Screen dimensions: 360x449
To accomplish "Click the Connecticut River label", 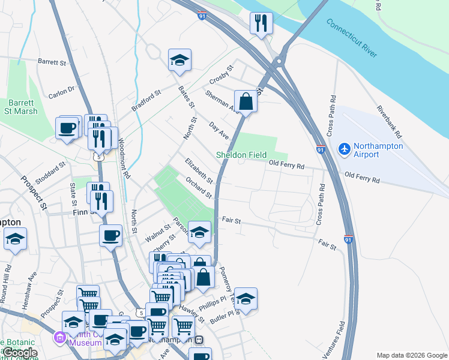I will tap(352, 38).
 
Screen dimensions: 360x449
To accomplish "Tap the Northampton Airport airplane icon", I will tap(345, 148).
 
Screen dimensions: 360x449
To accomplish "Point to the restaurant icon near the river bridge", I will tap(261, 23).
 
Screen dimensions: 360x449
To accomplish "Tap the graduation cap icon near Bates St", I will tap(179, 60).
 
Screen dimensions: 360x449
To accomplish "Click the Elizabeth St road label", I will tap(199, 170).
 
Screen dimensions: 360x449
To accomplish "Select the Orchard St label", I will tap(198, 187).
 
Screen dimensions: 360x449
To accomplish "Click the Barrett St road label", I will tap(52, 62).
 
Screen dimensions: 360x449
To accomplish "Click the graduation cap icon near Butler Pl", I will tap(246, 299).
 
